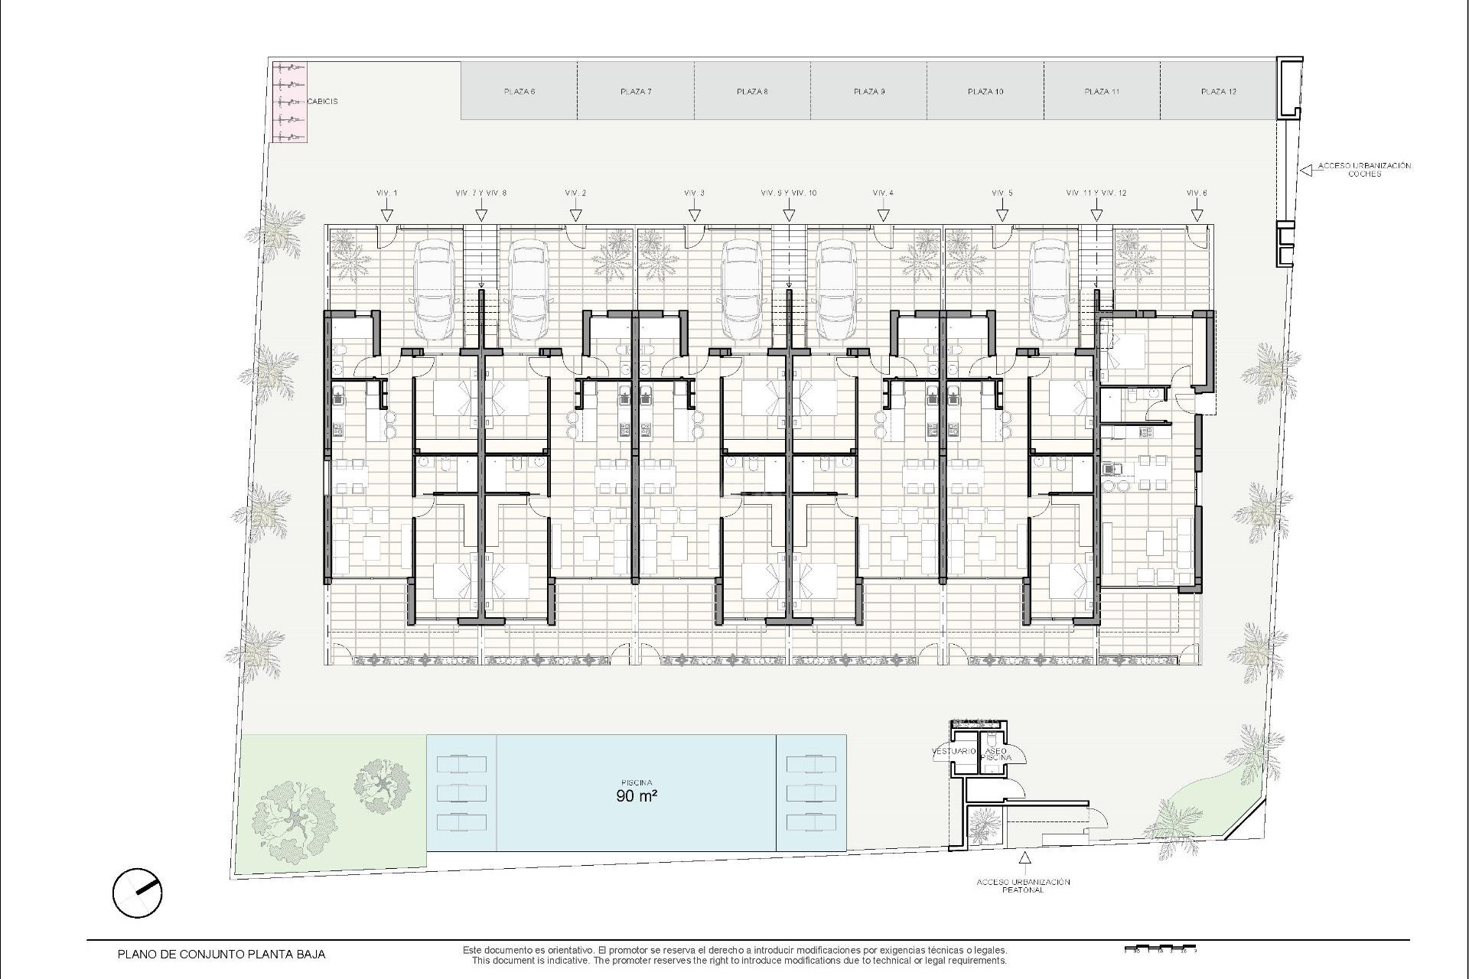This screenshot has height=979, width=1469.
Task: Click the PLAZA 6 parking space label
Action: [x=520, y=92]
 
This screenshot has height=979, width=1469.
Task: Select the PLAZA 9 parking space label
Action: [x=869, y=92]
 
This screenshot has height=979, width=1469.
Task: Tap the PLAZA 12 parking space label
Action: [x=1219, y=92]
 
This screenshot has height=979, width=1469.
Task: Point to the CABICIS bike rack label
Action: [x=322, y=101]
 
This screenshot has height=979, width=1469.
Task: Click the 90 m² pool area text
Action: [x=637, y=795]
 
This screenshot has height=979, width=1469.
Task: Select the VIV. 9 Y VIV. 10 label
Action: [x=789, y=194]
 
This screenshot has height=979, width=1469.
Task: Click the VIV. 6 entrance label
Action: [x=1197, y=194]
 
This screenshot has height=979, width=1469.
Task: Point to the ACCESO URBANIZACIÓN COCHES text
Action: [x=1364, y=170]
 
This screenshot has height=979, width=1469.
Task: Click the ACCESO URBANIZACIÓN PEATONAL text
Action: [x=1023, y=886]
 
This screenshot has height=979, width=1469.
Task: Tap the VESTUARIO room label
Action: [x=954, y=751]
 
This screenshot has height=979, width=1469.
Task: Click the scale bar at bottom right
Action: [x=1160, y=950]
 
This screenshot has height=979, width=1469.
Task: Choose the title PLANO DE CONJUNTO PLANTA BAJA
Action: [x=221, y=955]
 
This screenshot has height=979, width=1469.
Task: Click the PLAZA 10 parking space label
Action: [x=985, y=92]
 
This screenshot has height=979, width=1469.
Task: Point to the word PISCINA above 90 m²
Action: [x=637, y=782]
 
